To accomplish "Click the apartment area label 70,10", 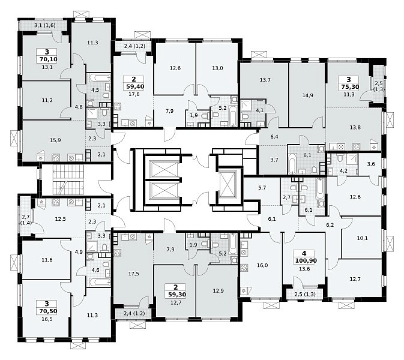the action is [49, 59].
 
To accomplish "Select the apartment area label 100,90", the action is [306, 260].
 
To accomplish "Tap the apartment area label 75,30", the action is [350, 87].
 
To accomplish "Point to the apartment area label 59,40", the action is [135, 86].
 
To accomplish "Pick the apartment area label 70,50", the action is [49, 311].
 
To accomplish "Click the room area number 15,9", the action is [55, 140].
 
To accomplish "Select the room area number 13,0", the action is [217, 68].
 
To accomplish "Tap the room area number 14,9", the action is [307, 95].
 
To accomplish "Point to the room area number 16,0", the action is [262, 265].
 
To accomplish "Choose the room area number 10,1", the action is [362, 238].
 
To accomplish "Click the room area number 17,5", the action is [133, 274].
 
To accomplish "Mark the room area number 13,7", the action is [265, 80].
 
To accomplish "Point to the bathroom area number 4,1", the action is [260, 111].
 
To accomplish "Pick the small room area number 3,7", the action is [274, 160].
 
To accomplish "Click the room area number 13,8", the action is [355, 127].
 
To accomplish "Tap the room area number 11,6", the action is [47, 260].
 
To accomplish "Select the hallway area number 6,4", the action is [274, 137].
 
